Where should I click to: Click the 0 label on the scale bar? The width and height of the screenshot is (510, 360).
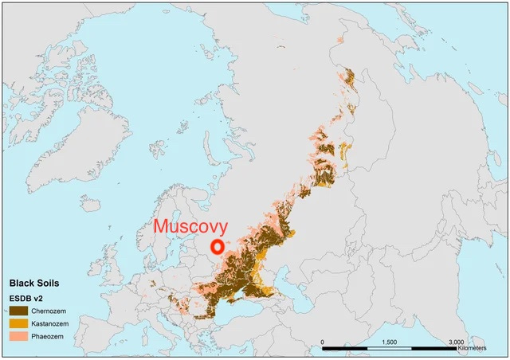coord(323,341)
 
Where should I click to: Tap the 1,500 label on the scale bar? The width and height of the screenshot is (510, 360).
coord(390,341)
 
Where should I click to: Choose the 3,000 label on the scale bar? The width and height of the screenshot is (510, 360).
coord(456,341)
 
